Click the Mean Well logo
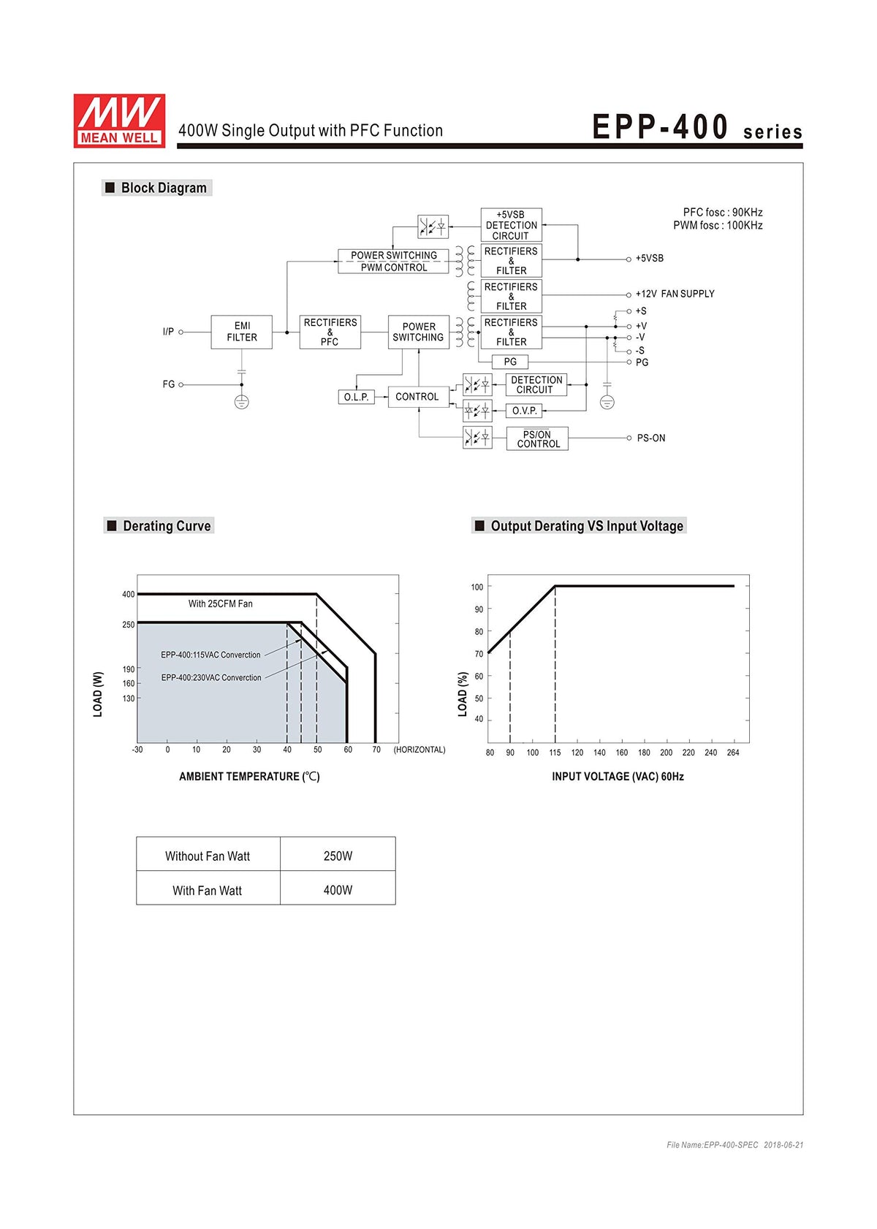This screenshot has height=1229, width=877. [119, 120]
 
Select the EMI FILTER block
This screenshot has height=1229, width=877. [241, 332]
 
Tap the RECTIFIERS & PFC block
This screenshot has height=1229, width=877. [330, 332]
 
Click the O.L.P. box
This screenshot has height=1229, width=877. [356, 397]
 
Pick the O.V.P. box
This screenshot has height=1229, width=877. [524, 411]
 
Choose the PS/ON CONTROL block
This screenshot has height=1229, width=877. [537, 438]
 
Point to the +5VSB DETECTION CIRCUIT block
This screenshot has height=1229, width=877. [511, 225]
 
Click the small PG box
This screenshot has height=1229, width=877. [510, 362]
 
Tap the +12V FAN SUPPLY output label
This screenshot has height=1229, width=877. [675, 294]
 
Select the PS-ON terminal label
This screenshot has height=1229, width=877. [651, 438]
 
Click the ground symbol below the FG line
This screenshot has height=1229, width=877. [241, 402]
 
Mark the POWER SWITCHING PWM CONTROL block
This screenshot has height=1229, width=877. [393, 261]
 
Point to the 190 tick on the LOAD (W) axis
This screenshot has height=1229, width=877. [129, 669]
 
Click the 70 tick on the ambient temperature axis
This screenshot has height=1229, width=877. [376, 750]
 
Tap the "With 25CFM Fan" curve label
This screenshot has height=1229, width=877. [220, 604]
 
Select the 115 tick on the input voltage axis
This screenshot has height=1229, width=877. [555, 752]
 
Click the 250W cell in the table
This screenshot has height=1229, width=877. [338, 856]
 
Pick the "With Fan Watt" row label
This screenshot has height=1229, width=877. [207, 891]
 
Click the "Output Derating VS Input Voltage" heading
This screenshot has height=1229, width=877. [587, 525]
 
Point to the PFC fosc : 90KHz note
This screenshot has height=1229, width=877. [722, 213]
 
